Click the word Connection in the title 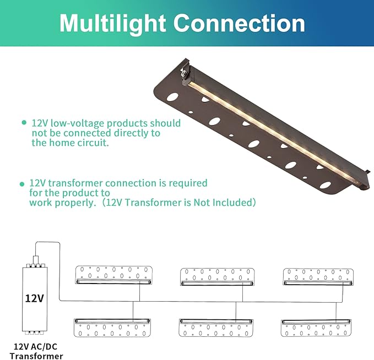239,24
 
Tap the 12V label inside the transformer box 34,298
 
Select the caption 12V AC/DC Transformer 36,351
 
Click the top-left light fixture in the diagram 113,275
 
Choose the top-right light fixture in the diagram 318,275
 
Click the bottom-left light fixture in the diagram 113,327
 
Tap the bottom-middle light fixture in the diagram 216,328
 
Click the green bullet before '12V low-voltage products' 24,122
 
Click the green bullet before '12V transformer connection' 22,183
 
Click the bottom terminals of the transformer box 34,332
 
